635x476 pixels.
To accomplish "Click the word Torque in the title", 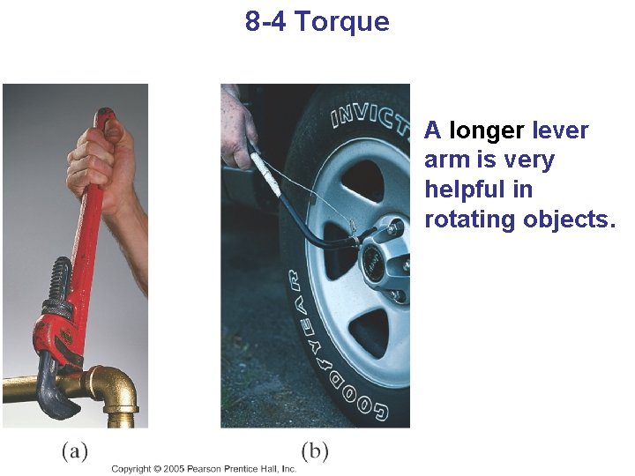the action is [x=341, y=22].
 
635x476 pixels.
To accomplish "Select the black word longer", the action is [x=487, y=130].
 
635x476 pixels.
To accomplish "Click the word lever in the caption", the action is [x=560, y=130].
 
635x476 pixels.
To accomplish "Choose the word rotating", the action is [x=470, y=219].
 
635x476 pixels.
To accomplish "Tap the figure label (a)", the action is [x=74, y=451].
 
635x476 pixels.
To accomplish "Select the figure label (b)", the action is [x=315, y=451].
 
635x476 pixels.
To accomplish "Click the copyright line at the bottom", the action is [x=204, y=469].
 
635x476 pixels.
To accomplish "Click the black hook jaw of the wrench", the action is [x=55, y=389].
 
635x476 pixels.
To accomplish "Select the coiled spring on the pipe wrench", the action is [x=59, y=283].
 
